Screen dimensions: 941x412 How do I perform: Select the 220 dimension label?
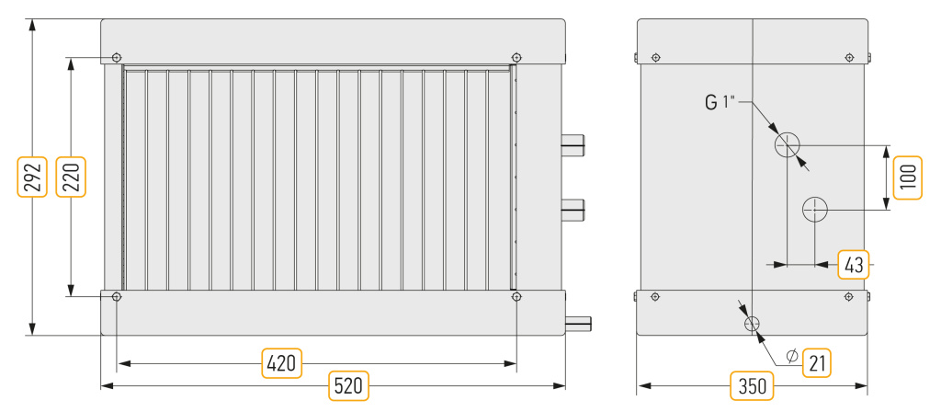click(71, 177)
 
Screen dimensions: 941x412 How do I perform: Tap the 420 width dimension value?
click(282, 363)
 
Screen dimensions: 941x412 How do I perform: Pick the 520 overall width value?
click(348, 386)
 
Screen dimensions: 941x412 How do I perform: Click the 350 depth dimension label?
click(752, 386)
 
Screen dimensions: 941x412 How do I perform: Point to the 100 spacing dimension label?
click(907, 177)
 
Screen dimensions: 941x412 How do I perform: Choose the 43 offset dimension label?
click(854, 264)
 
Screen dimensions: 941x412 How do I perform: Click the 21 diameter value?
click(817, 362)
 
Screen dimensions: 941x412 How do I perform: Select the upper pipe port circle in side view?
click(787, 144)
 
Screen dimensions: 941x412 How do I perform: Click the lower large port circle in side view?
click(815, 209)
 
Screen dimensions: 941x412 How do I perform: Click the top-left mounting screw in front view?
click(117, 58)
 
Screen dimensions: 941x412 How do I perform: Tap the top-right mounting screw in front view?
click(516, 58)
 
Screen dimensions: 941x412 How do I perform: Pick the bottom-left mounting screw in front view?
click(117, 297)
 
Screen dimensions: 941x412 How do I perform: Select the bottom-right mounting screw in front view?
click(516, 297)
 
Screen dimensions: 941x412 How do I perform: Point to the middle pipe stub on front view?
click(573, 209)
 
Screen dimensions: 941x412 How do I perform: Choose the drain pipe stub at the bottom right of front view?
click(578, 324)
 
